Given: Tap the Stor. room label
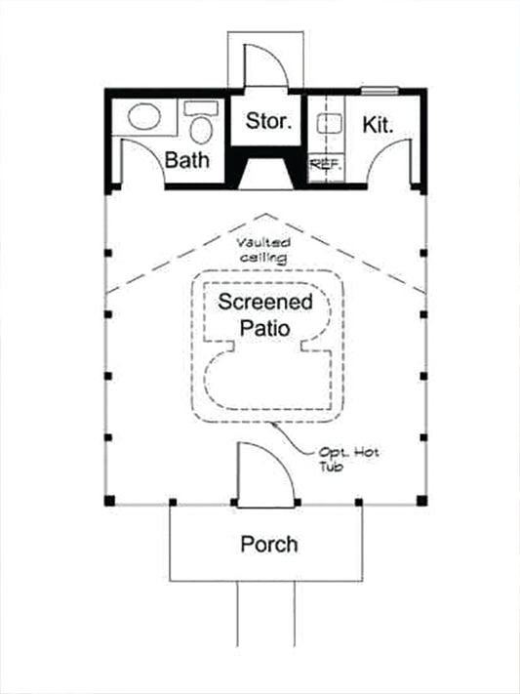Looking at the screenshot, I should click(x=266, y=123).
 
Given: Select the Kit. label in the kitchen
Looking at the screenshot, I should click(x=378, y=125).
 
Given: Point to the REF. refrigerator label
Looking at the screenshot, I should click(x=325, y=164).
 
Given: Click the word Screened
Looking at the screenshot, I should click(x=265, y=302).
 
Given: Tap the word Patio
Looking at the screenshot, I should click(x=264, y=328).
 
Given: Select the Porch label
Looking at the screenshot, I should click(x=268, y=544).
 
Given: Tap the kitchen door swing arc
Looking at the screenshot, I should click(x=394, y=157).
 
